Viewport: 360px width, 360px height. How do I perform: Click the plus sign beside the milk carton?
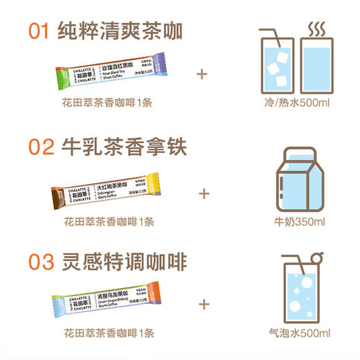[204, 192]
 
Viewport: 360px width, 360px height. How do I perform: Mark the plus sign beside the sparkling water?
[204, 303]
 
